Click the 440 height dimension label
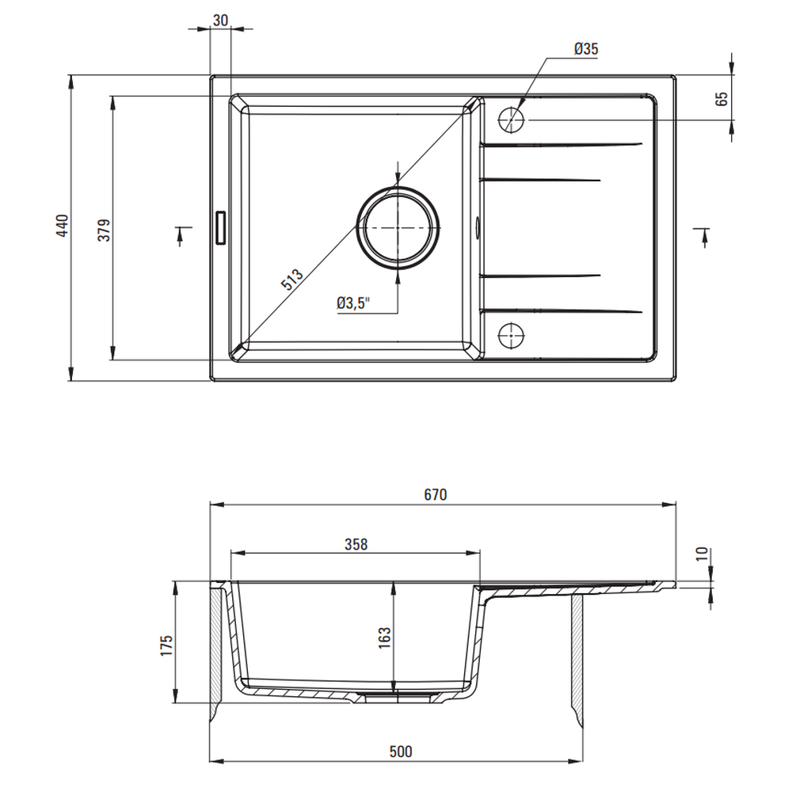click(x=62, y=226)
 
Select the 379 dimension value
click(x=104, y=230)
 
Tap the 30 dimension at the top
click(x=220, y=21)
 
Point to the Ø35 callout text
click(x=586, y=49)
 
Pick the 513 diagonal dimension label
click(x=292, y=280)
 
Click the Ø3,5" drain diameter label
click(x=353, y=303)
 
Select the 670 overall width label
click(x=436, y=494)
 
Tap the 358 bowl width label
click(x=356, y=544)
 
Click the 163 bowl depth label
click(x=384, y=638)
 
